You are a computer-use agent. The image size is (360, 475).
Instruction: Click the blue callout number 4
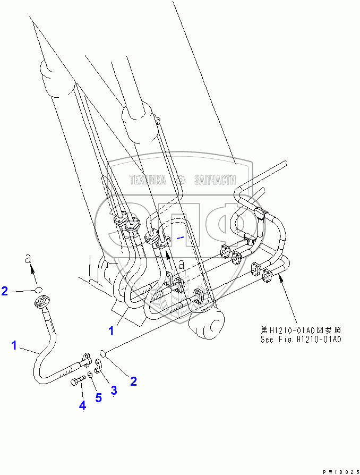(x=82, y=405)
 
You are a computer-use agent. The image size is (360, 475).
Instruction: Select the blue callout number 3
(x=114, y=391)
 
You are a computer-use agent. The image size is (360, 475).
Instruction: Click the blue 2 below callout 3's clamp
(x=133, y=380)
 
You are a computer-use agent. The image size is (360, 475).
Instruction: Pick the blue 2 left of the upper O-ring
(x=4, y=291)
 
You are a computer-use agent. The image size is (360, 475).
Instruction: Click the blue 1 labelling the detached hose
(x=14, y=346)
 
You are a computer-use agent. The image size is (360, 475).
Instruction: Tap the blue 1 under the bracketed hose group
(x=111, y=331)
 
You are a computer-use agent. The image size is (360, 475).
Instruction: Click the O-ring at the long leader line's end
(x=105, y=352)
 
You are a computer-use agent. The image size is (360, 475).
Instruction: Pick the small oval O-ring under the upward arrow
(x=38, y=290)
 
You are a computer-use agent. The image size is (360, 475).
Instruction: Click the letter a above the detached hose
(x=29, y=259)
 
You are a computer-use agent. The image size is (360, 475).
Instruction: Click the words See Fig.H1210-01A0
(x=300, y=339)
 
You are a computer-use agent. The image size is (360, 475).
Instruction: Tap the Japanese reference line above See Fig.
(x=300, y=329)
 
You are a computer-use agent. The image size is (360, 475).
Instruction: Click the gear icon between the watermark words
(x=181, y=180)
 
